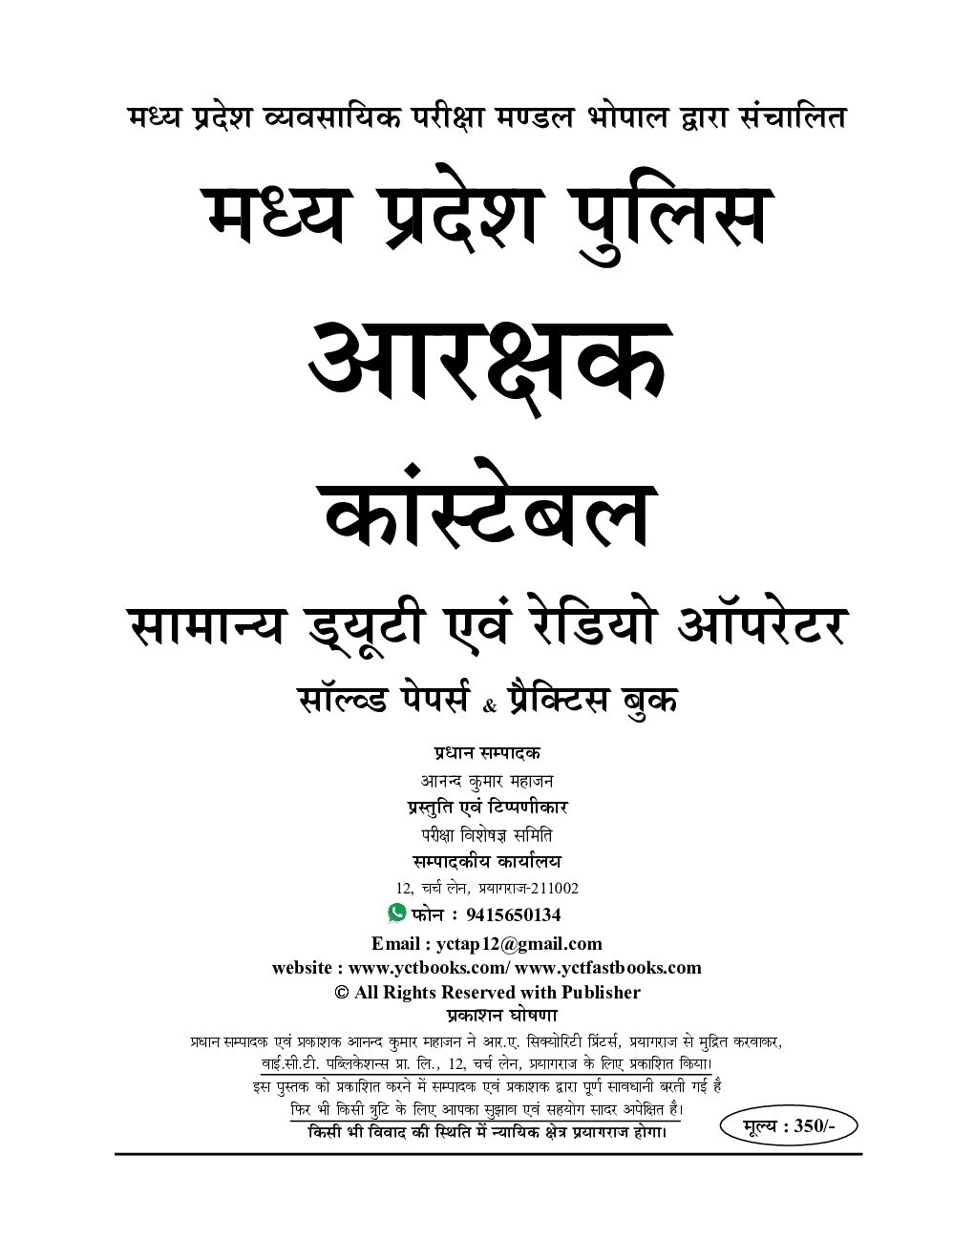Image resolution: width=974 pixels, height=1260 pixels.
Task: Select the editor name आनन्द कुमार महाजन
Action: point(487,781)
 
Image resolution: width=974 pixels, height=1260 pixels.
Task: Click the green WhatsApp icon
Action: point(396,913)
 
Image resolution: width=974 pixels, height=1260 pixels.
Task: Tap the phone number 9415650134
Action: point(513,914)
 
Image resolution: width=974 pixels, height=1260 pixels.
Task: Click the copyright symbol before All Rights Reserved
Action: point(341,993)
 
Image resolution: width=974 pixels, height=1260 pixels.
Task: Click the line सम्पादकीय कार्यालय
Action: point(486,861)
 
